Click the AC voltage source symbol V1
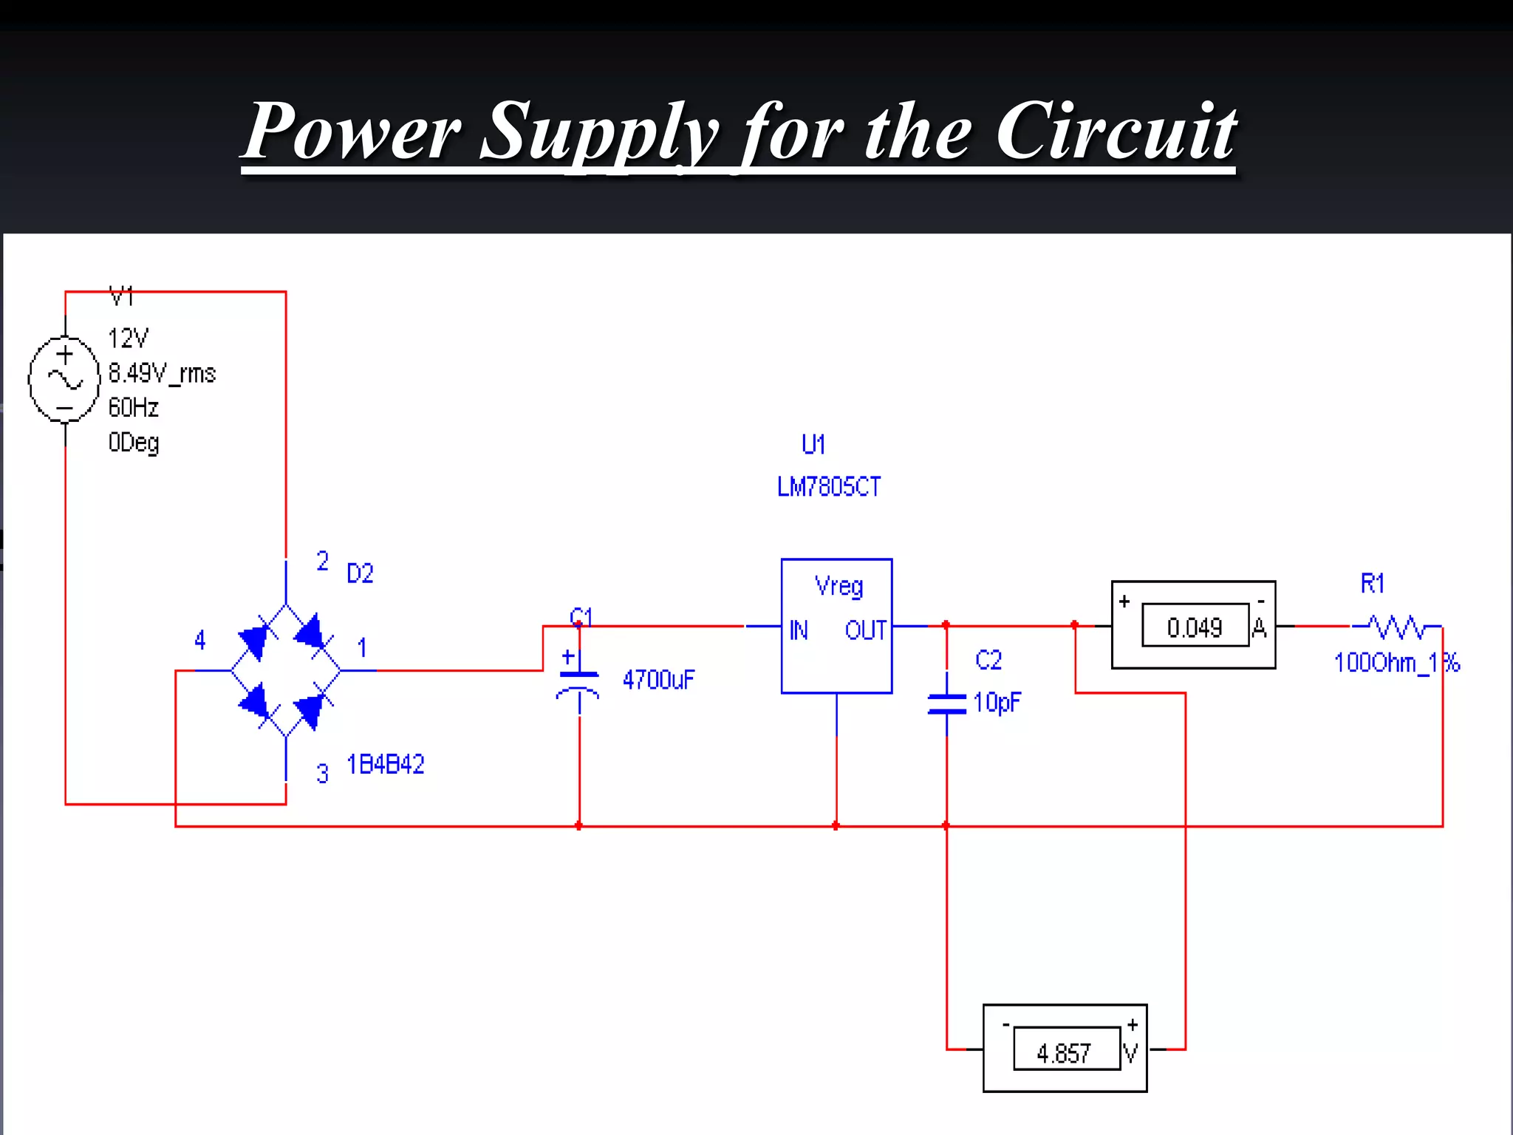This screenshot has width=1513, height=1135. click(x=64, y=379)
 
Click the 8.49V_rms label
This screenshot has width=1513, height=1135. click(x=162, y=373)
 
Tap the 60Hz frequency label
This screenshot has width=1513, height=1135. click(x=134, y=407)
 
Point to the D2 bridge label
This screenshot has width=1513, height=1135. click(x=360, y=573)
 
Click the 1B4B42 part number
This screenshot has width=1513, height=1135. click(x=386, y=764)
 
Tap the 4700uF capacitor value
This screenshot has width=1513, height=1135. click(x=658, y=680)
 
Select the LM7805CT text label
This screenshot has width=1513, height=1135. click(x=829, y=487)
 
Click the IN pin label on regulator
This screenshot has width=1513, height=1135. click(x=799, y=630)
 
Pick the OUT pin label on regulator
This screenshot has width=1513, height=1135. click(x=865, y=630)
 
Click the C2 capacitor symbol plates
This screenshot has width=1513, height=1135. click(x=946, y=704)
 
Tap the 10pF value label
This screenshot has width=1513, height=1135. click(x=997, y=702)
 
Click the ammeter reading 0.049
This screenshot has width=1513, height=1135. click(x=1195, y=627)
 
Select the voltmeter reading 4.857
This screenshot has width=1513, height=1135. click(x=1064, y=1052)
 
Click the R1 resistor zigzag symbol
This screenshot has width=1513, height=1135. click(x=1396, y=627)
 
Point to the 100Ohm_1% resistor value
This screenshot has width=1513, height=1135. click(x=1396, y=663)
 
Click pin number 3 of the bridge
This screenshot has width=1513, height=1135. click(x=322, y=774)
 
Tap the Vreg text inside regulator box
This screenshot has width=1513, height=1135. click(x=839, y=587)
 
